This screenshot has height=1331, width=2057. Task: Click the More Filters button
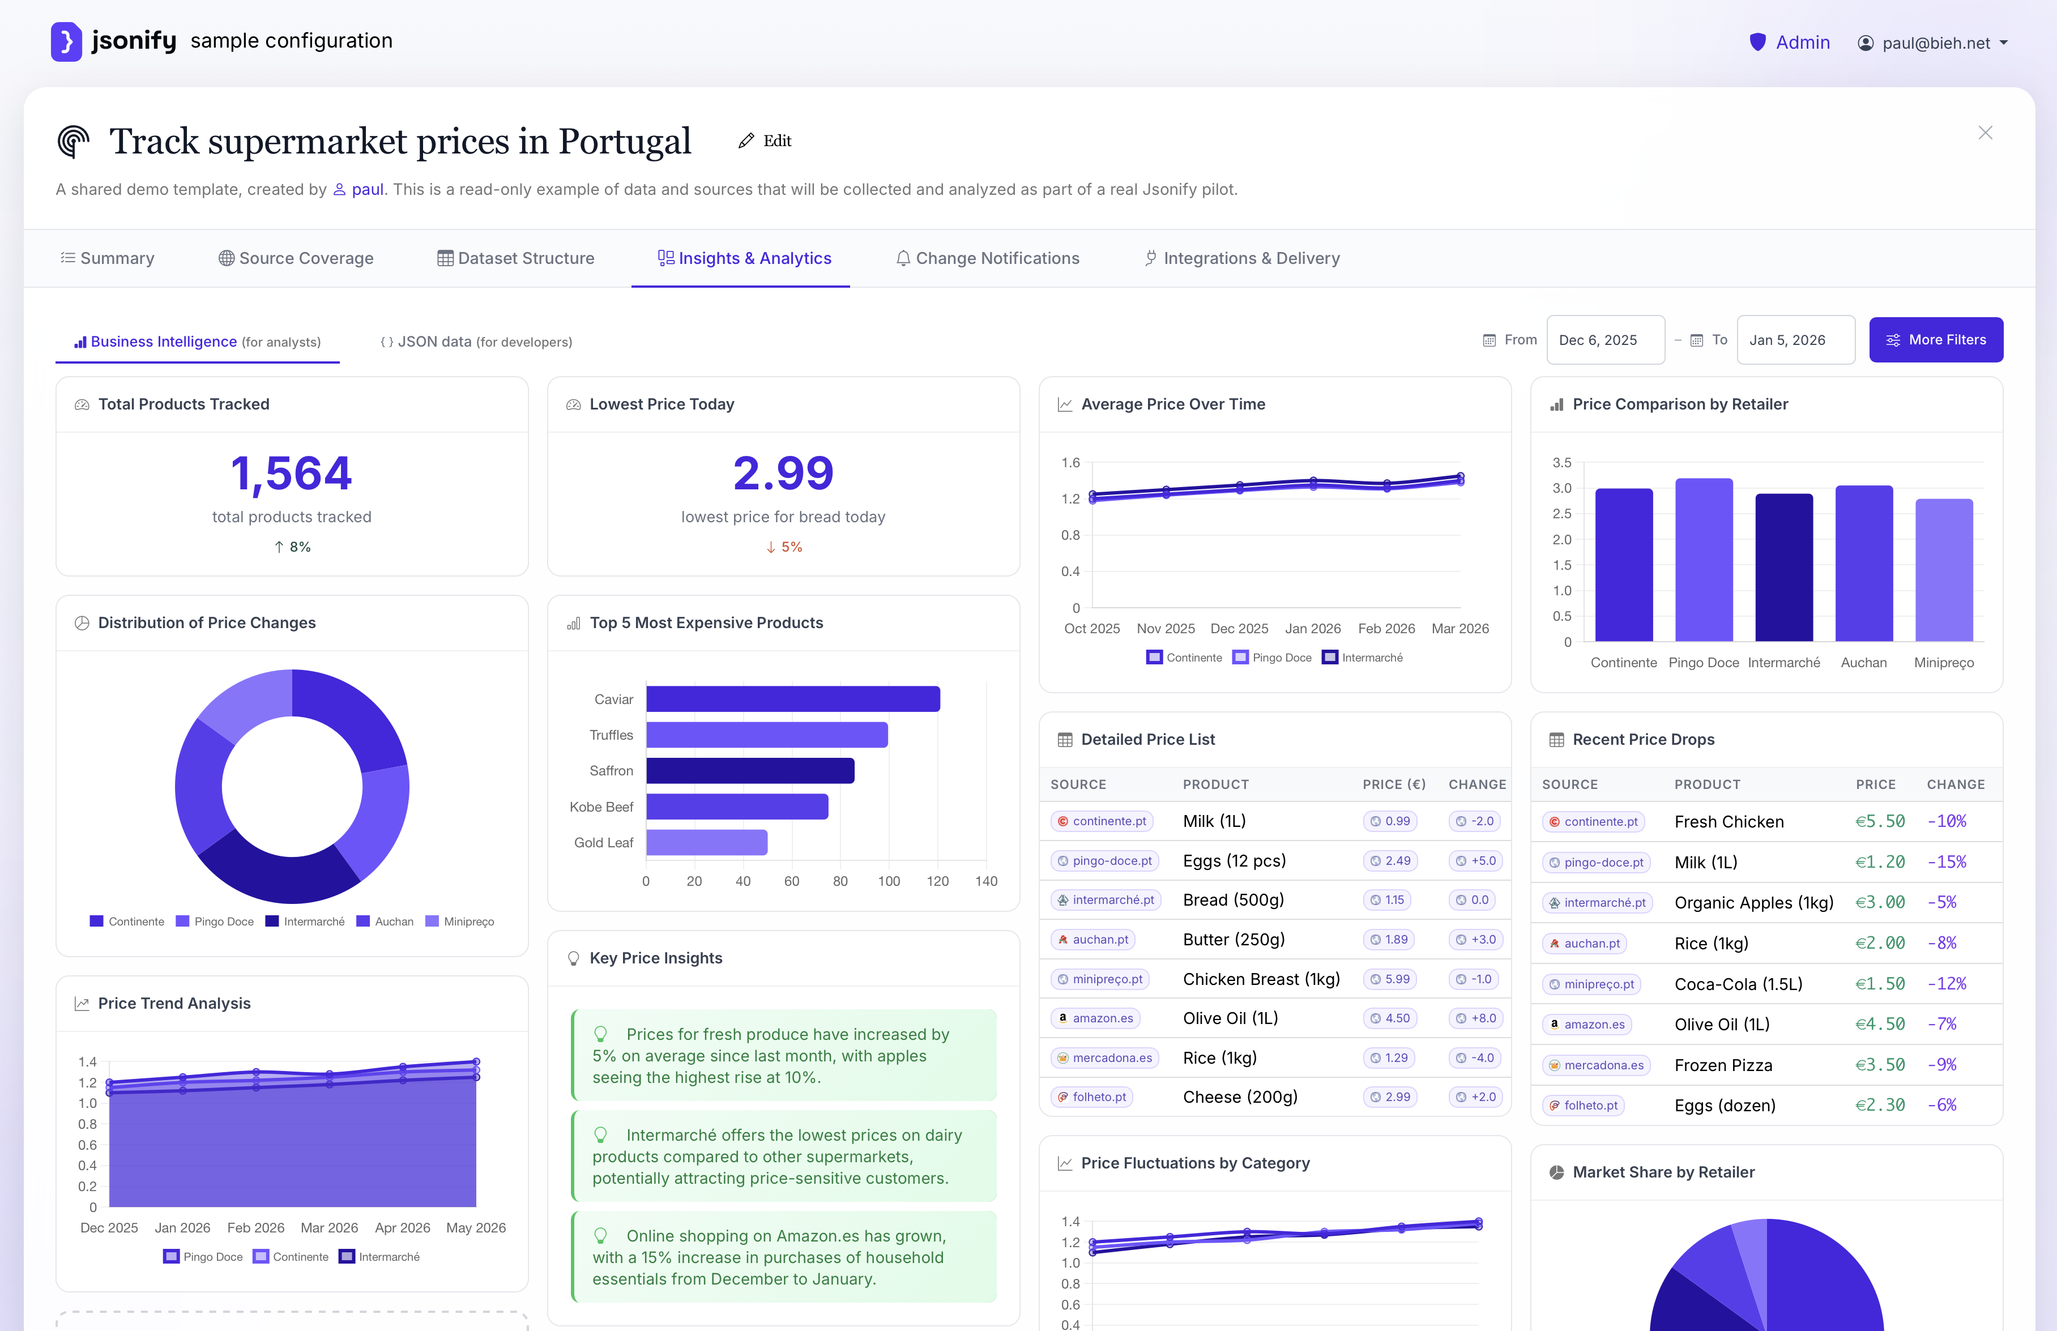pos(1935,340)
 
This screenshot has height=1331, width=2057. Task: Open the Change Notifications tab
pos(987,258)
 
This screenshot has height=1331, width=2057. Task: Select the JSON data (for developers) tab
pos(476,342)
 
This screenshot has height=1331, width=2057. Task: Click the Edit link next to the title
pos(765,141)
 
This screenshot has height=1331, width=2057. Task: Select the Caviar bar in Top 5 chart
pos(792,698)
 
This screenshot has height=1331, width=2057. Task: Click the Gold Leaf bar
pos(706,842)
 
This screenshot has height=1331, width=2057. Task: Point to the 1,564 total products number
pos(291,473)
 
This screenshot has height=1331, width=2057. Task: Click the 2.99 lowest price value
pos(783,473)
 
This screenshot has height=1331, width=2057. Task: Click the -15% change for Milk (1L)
pos(1947,861)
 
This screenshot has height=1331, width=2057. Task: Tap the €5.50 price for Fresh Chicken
pos(1880,821)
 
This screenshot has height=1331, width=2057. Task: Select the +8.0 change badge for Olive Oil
pos(1475,1018)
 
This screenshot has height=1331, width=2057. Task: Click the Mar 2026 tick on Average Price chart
pos(1459,628)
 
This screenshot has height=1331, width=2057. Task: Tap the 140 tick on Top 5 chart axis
pos(986,881)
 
